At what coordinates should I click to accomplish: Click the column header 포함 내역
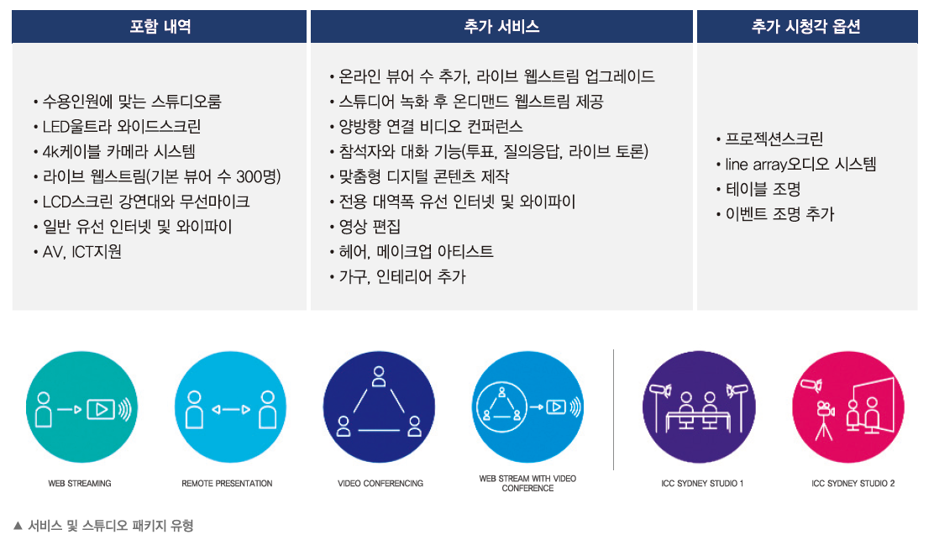(160, 26)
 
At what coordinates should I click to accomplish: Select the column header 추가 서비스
(501, 26)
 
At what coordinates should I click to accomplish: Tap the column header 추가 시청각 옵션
(806, 26)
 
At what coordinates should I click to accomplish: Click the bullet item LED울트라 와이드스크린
(122, 126)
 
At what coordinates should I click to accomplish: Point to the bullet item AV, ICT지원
(82, 252)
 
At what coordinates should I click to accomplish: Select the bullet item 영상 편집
(370, 227)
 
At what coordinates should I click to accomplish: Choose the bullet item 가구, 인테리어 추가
(402, 277)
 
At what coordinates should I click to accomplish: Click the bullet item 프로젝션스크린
(774, 139)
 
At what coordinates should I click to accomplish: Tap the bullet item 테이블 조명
(763, 189)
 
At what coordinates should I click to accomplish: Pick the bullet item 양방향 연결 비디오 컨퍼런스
(431, 126)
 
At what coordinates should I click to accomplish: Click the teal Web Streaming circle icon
(81, 407)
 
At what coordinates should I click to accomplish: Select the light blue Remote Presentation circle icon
(230, 407)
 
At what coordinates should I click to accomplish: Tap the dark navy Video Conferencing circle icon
(379, 407)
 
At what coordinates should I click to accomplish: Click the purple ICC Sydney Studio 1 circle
(699, 407)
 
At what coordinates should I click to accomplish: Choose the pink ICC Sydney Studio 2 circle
(848, 407)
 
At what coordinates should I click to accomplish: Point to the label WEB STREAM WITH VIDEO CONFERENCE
(527, 484)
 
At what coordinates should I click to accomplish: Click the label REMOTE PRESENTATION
(227, 484)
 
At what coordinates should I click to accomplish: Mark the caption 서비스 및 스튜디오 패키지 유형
(110, 526)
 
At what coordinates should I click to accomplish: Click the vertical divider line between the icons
(613, 410)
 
